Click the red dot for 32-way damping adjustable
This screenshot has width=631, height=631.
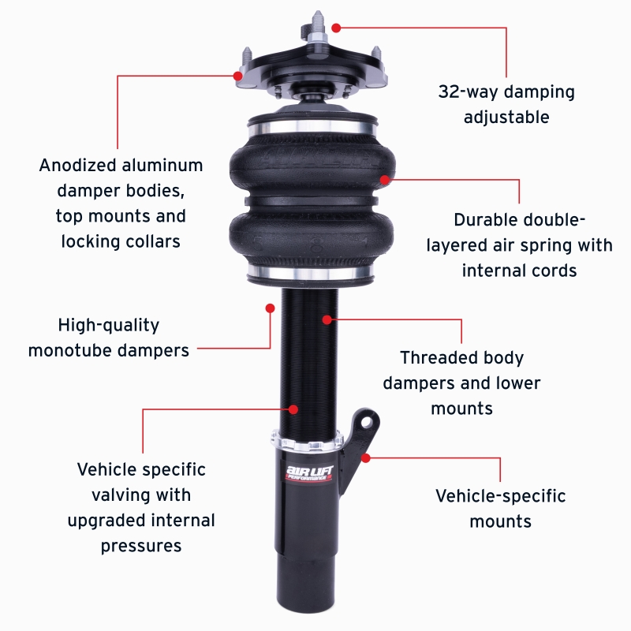click(336, 28)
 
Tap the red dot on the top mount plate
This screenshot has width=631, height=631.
click(237, 76)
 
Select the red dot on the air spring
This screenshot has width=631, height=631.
click(385, 180)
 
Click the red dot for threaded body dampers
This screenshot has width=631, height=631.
click(326, 319)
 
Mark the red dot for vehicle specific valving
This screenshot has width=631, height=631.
click(293, 409)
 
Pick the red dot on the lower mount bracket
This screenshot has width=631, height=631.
click(365, 457)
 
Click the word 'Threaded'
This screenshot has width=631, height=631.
click(433, 357)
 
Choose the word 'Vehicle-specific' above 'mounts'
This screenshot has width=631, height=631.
click(501, 496)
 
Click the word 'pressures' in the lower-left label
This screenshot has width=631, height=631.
click(141, 545)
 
